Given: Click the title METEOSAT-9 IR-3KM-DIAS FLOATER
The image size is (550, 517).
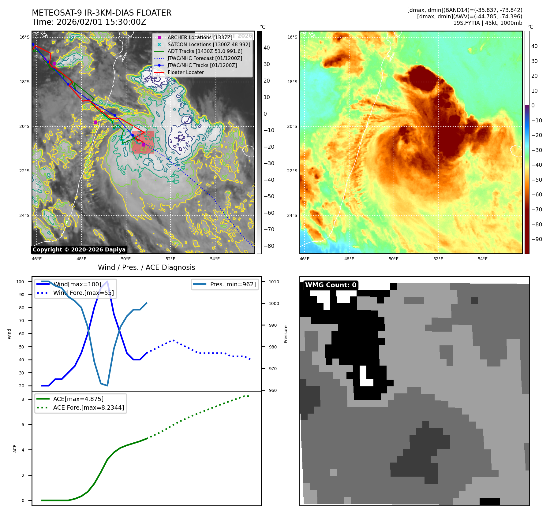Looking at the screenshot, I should click(102, 13).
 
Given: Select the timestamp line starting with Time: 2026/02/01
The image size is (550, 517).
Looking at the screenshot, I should click(89, 22).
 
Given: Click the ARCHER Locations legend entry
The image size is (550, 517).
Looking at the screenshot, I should click(200, 37).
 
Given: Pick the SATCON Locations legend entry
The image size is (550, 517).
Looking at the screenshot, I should click(209, 44).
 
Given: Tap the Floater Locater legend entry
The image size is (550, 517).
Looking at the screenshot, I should click(185, 73).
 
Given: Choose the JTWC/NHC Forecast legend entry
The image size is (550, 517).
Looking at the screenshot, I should click(205, 58).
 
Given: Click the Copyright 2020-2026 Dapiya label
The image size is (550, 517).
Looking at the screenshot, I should click(79, 250).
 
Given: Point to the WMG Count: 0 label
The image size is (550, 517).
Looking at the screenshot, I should click(331, 285).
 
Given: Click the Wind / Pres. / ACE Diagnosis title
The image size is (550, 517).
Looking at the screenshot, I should click(146, 267).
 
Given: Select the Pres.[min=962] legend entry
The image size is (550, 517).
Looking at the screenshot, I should click(233, 284).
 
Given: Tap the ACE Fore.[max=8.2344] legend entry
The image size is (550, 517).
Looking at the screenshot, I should click(88, 407).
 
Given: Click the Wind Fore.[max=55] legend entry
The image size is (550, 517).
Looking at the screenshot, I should click(83, 293).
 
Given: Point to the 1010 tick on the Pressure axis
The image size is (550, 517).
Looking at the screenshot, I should click(274, 282).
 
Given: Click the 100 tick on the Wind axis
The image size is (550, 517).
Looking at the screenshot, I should click(20, 282).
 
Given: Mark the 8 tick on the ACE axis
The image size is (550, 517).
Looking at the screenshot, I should click(23, 399).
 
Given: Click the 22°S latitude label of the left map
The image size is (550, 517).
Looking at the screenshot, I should click(24, 171).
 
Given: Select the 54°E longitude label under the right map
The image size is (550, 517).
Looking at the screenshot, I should click(482, 259).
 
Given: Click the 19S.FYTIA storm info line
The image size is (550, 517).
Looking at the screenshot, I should click(488, 23).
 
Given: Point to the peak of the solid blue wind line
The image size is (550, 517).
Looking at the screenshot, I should click(107, 281).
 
